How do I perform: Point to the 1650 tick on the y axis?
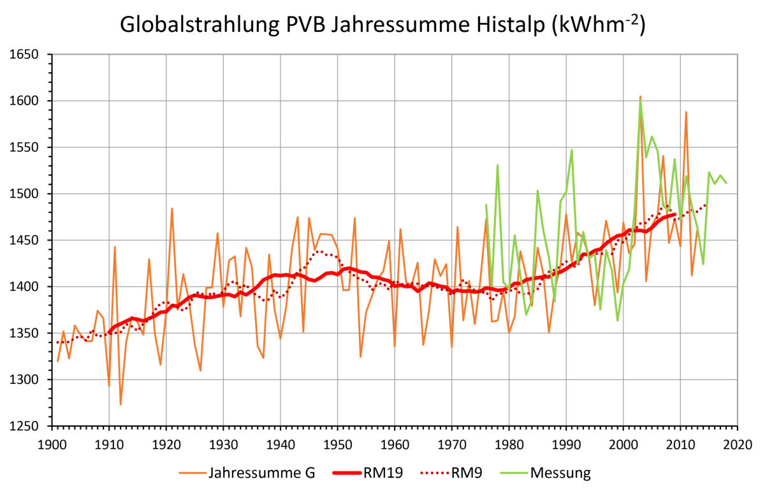point(25,55)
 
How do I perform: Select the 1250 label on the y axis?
point(25,426)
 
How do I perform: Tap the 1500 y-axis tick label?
point(25,194)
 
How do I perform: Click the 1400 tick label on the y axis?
point(25,287)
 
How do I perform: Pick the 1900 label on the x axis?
point(52,442)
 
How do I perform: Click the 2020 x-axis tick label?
point(737,442)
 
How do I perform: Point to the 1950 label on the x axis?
point(337,442)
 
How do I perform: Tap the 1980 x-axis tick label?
point(508,442)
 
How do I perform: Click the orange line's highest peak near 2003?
point(640,96)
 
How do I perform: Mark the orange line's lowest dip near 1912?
point(120,404)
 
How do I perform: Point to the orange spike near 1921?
point(171,209)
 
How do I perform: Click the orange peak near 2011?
point(686,112)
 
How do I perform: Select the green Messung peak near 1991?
point(572,150)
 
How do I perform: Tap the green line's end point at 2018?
point(725,182)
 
